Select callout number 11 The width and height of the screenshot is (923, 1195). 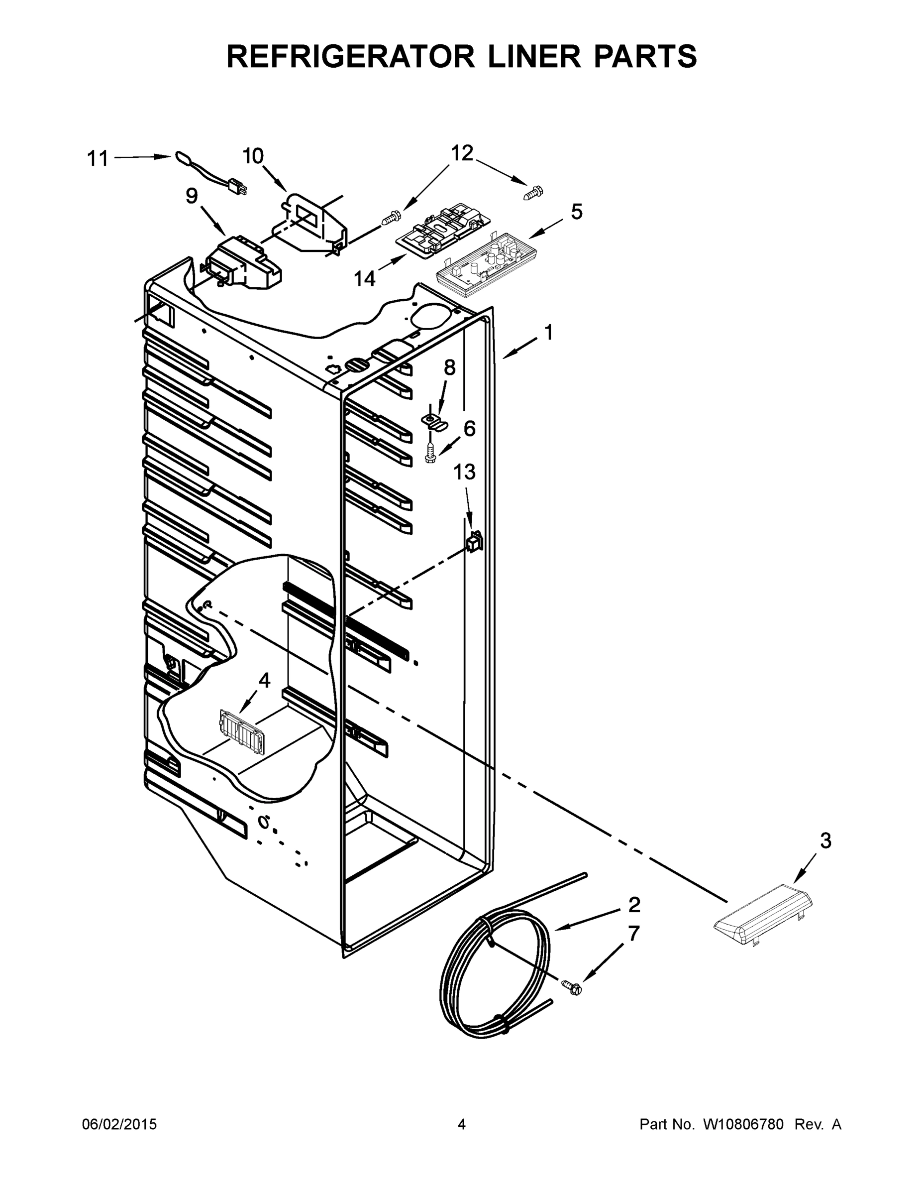[98, 159]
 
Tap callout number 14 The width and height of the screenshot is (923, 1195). [364, 278]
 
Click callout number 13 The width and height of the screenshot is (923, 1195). [464, 472]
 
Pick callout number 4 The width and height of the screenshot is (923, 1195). [264, 680]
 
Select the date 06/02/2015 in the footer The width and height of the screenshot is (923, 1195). [119, 1124]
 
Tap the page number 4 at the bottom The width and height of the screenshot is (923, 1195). [462, 1124]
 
